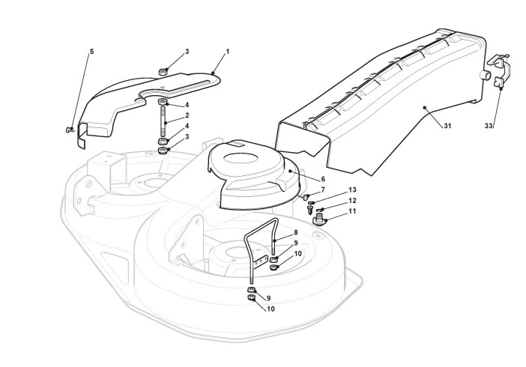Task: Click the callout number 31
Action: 447,125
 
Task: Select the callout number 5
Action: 92,52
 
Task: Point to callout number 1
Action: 227,52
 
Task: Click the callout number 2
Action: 187,116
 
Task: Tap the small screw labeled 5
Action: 70,130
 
